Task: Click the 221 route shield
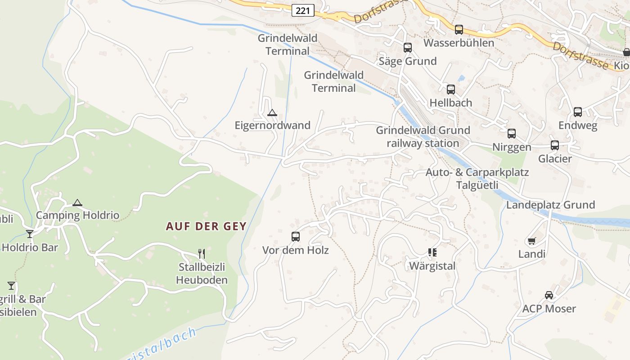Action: (x=303, y=10)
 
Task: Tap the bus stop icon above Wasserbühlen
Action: (x=459, y=30)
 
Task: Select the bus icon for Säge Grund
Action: (x=407, y=48)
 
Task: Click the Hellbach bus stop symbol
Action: (x=450, y=89)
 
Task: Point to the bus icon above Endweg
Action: (x=577, y=112)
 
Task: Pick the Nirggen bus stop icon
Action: (x=511, y=134)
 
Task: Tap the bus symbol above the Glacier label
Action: (x=554, y=145)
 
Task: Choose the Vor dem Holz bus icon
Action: (x=295, y=237)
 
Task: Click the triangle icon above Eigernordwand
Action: (x=272, y=112)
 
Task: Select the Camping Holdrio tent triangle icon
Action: (x=77, y=202)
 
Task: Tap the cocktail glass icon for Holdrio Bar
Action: (x=30, y=234)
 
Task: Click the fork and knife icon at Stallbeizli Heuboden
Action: (x=202, y=254)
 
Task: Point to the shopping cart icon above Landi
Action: (x=531, y=241)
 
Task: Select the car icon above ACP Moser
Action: (x=549, y=295)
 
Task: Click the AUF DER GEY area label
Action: (x=206, y=226)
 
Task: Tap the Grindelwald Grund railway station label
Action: (x=423, y=137)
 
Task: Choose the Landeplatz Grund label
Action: (x=550, y=205)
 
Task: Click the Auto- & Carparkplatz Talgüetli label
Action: (x=477, y=179)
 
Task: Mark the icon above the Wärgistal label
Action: (x=432, y=252)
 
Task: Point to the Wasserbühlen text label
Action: (x=459, y=43)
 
